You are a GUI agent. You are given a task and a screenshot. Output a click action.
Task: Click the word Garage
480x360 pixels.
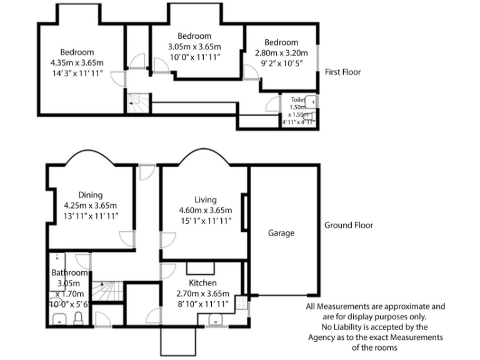click(x=281, y=233)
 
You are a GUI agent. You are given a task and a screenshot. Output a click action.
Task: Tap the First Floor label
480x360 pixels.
click(x=342, y=72)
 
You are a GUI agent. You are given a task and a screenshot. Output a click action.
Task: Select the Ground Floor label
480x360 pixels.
click(x=348, y=225)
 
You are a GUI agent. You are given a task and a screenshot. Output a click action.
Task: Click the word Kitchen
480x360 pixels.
click(x=202, y=283)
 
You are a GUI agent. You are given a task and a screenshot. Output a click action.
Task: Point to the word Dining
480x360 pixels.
click(x=91, y=195)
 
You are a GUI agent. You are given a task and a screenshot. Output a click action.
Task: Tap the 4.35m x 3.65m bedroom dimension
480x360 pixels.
click(x=77, y=63)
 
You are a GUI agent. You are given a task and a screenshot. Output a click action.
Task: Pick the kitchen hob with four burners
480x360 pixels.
click(x=241, y=304)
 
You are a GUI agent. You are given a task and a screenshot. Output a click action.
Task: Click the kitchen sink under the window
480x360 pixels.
click(x=215, y=319)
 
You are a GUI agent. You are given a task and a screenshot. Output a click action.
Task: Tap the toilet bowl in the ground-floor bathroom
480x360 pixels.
click(x=78, y=319)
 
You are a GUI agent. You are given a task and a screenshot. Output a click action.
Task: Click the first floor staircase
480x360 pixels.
click(x=139, y=102)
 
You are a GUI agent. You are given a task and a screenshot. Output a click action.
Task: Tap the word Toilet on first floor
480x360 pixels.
click(x=297, y=99)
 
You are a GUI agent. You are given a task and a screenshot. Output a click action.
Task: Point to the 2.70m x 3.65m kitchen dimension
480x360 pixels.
click(x=205, y=294)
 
